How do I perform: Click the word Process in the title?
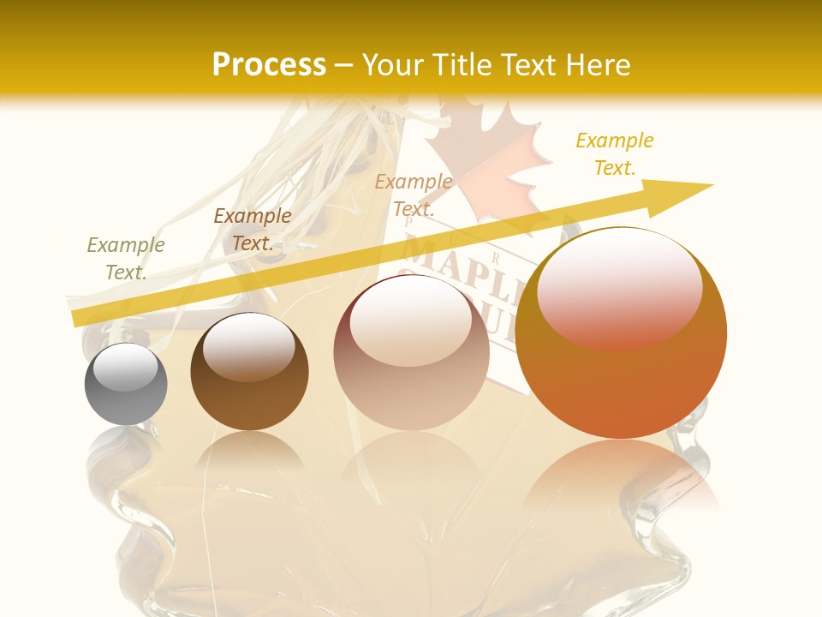[x=269, y=65]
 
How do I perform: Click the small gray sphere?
[x=126, y=384]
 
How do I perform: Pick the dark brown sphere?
[x=249, y=372]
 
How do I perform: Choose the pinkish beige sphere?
[x=411, y=353]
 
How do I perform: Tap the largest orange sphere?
[x=621, y=333]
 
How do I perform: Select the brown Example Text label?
[x=252, y=230]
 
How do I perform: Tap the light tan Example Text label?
[x=414, y=195]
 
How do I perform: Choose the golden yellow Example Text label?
[x=615, y=154]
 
